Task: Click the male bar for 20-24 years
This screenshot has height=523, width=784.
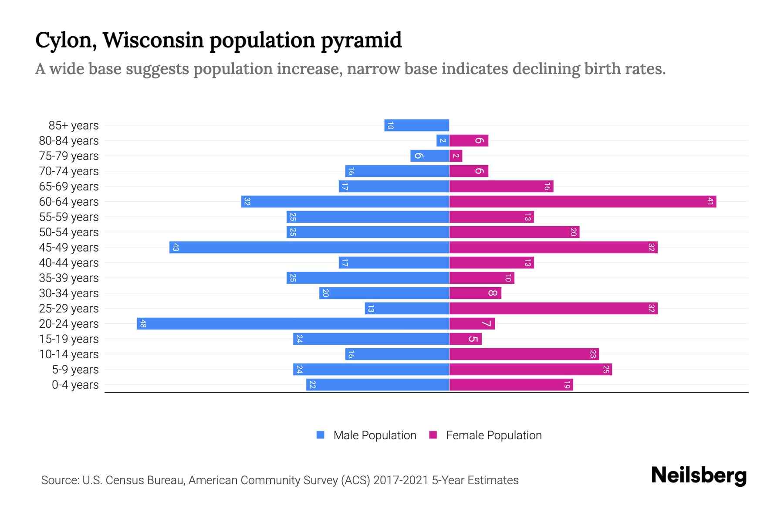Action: coord(293,323)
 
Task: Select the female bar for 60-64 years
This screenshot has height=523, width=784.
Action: coord(582,201)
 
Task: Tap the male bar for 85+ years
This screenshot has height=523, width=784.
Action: coord(416,125)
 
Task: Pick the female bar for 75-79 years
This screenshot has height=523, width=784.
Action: coord(456,156)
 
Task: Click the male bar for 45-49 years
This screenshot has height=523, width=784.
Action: coord(309,247)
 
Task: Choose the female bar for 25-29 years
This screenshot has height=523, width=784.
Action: coord(553,308)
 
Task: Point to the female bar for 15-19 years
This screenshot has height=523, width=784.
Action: coord(465,339)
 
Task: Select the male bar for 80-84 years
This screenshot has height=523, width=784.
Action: coord(443,140)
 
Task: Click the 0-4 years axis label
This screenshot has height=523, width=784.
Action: coord(75,385)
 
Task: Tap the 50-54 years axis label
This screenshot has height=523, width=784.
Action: coord(69,232)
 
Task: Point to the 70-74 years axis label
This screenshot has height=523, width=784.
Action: coord(69,171)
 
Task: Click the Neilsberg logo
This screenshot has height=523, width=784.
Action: coord(699,475)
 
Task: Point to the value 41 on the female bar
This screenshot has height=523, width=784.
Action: coord(710,201)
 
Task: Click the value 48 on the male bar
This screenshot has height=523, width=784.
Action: coord(143,323)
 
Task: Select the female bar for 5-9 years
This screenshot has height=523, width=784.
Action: coord(531,369)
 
